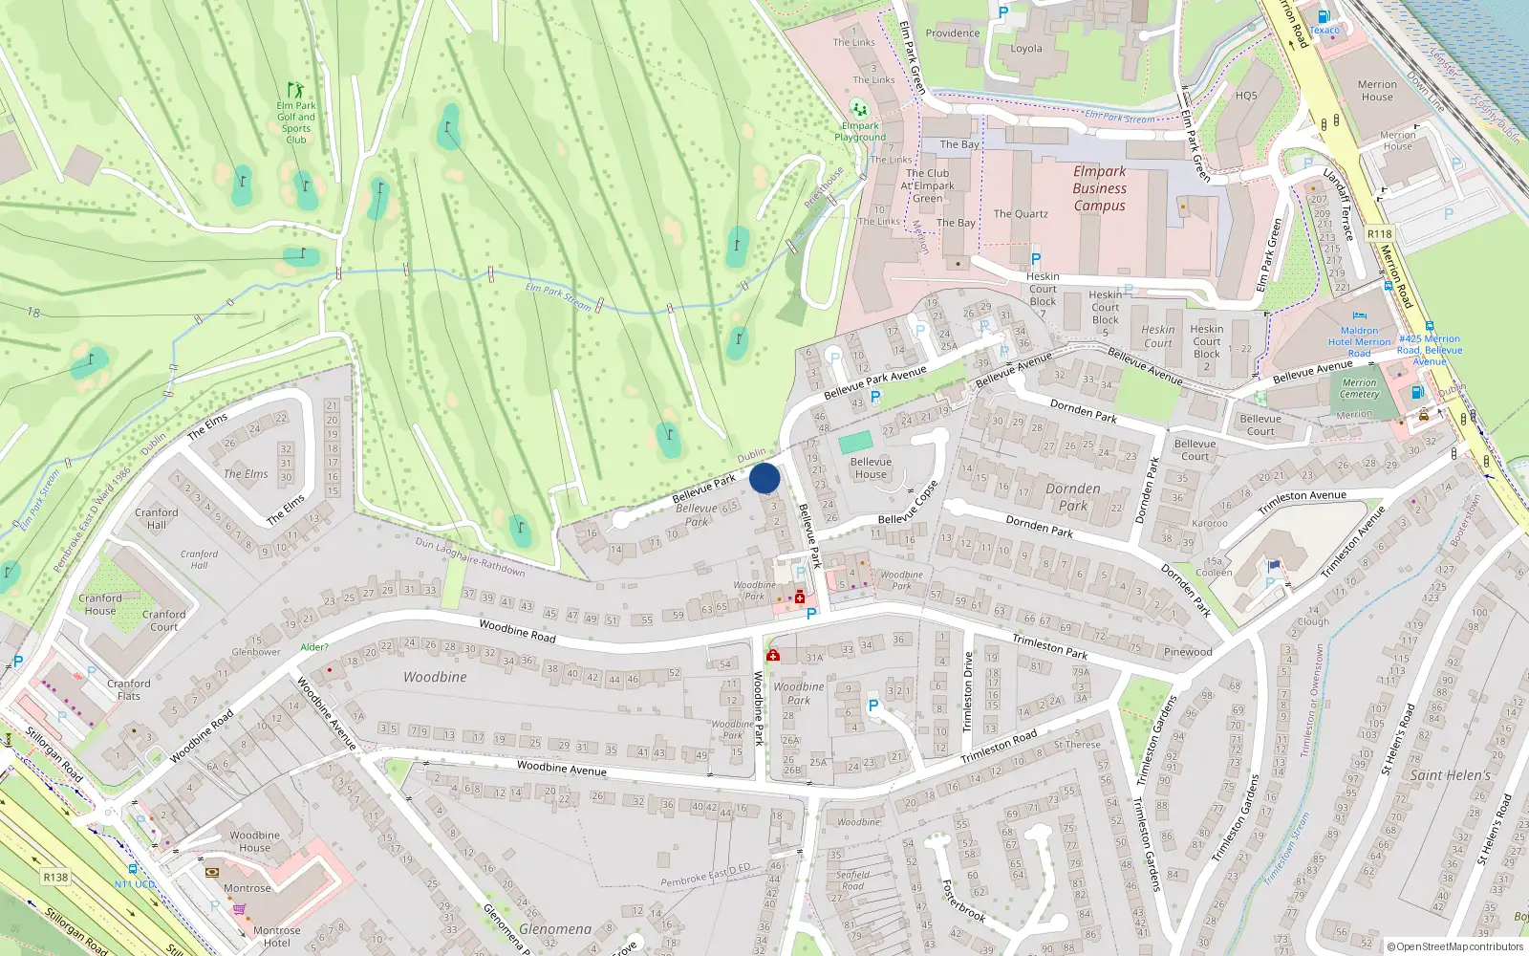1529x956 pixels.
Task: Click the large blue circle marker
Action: (764, 478)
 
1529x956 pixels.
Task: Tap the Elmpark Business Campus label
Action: (1099, 188)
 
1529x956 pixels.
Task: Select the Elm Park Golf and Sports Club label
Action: (296, 122)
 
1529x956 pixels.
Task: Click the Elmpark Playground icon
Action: (859, 108)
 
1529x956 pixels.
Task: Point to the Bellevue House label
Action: (871, 467)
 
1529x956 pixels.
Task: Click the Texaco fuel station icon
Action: (1324, 16)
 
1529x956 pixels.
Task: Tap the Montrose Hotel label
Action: (276, 936)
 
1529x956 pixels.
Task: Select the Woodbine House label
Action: (254, 841)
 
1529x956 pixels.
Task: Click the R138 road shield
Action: (55, 877)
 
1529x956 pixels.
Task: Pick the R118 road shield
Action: (1379, 233)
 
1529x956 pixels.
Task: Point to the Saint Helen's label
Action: (1450, 775)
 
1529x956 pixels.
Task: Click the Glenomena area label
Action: (555, 929)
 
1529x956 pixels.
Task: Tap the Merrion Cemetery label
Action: (1359, 388)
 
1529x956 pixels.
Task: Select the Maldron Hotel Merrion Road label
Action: (1359, 341)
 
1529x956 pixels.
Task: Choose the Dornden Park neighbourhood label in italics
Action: (1073, 496)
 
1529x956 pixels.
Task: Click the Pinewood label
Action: (1188, 652)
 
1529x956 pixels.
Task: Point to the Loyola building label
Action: (1026, 49)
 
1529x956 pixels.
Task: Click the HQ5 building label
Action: (1246, 96)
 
